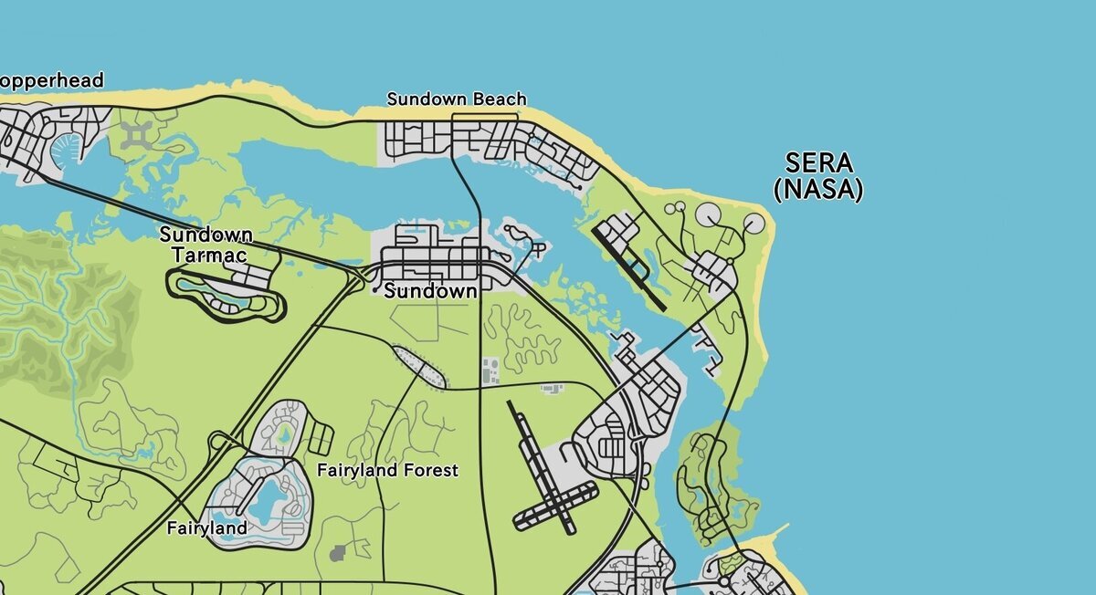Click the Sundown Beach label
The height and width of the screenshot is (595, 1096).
tap(457, 99)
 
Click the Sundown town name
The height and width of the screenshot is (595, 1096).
tap(430, 292)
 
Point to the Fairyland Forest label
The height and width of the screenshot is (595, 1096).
tap(387, 470)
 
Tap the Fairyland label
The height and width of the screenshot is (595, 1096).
tap(207, 527)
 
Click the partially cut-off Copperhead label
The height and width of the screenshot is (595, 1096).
tap(51, 80)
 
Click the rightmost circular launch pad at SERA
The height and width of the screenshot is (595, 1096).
tap(753, 221)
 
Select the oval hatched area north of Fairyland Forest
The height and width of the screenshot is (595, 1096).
tap(420, 366)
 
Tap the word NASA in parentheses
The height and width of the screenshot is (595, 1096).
tap(817, 190)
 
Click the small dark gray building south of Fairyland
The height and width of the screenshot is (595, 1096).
tap(339, 552)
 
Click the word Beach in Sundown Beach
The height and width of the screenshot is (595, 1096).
tap(499, 99)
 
